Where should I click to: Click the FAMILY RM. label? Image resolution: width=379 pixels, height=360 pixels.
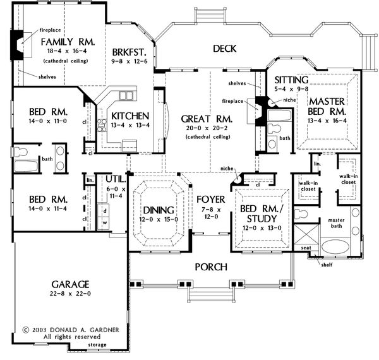coord(68,42)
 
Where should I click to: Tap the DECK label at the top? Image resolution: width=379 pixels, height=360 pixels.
coord(224,49)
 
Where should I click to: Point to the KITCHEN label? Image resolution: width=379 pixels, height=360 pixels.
coord(129,116)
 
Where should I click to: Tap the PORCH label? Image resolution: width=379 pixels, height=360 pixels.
coord(210,267)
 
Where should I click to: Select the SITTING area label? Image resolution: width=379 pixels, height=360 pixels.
coord(291,80)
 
